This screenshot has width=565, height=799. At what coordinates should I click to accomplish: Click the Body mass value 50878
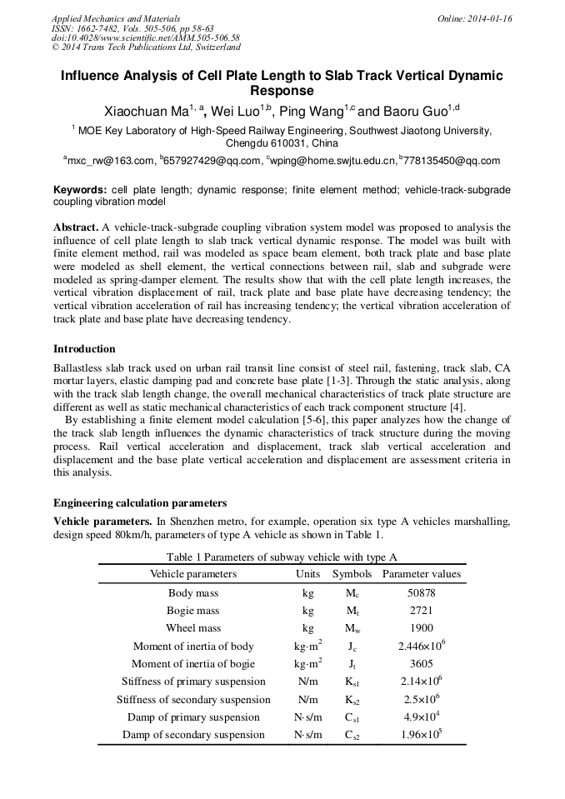[x=421, y=593]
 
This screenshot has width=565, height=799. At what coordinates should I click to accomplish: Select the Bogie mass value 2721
[x=421, y=611]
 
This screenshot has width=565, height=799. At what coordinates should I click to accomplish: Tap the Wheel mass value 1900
[x=421, y=628]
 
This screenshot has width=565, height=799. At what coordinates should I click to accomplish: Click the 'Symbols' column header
[x=352, y=574]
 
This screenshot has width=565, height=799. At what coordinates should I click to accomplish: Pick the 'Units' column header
[x=307, y=574]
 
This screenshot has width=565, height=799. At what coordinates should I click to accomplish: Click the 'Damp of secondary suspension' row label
[x=193, y=735]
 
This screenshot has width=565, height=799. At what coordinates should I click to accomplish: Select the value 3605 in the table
[x=421, y=664]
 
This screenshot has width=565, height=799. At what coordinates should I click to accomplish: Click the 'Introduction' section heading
[x=84, y=349]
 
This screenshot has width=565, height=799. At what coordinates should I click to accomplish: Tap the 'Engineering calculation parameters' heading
[x=139, y=503]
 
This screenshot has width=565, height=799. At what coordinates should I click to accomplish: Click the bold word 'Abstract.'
[x=76, y=227]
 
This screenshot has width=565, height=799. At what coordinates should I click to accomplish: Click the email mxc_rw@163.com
[x=110, y=161]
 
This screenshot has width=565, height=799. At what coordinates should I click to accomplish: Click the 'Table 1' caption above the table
[x=281, y=557]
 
